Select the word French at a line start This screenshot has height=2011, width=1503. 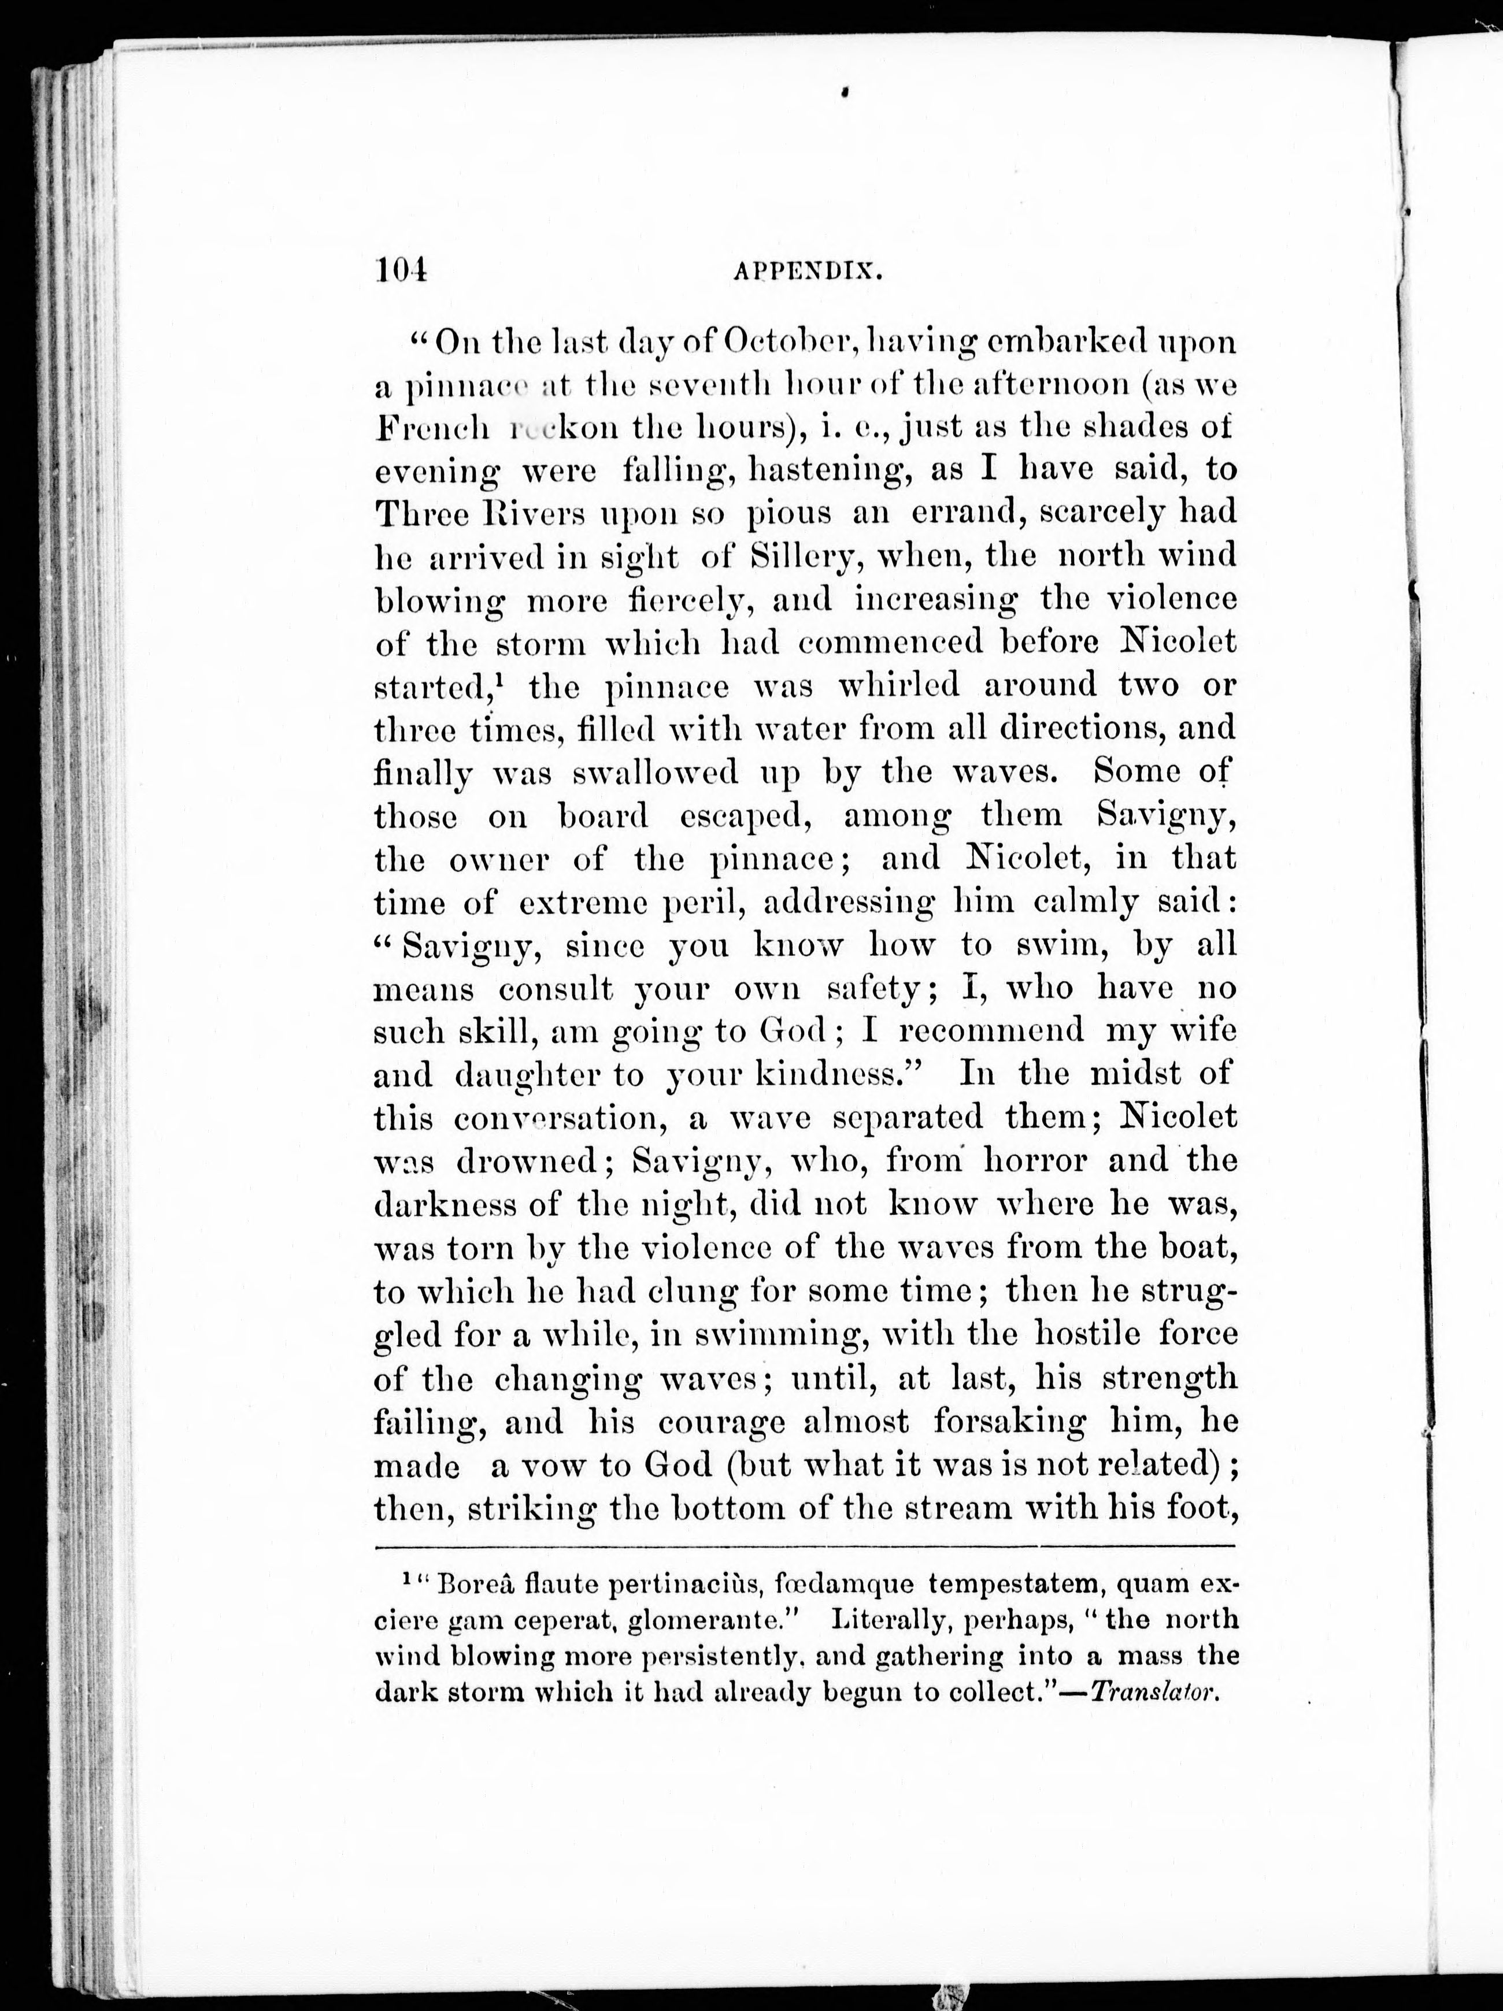point(434,427)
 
